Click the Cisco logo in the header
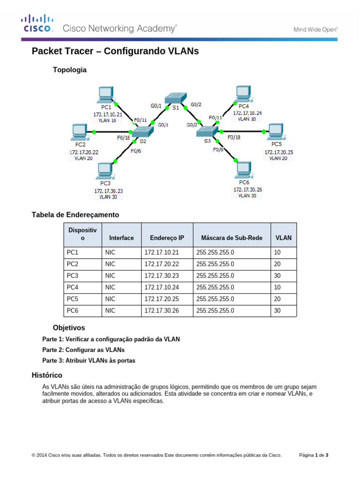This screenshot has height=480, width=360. (x=37, y=23)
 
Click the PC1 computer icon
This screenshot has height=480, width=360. (x=105, y=94)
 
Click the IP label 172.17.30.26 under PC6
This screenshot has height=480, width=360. (x=247, y=189)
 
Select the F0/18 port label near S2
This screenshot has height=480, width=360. (x=123, y=138)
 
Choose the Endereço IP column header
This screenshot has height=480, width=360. (x=167, y=238)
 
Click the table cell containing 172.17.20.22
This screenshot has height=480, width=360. (x=162, y=264)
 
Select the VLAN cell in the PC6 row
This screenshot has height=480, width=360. (x=277, y=310)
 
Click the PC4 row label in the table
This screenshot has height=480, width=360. (x=73, y=287)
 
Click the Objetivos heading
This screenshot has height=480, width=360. (x=69, y=328)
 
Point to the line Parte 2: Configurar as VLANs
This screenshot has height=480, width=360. (x=83, y=350)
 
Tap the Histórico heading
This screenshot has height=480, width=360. (x=47, y=375)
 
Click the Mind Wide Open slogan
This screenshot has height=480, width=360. (x=315, y=29)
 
